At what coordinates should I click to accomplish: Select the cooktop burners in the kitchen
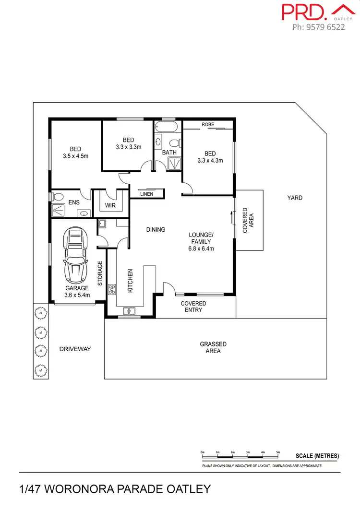[x=112, y=289]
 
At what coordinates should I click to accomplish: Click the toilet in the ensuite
[x=58, y=197]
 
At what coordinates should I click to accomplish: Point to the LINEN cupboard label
[x=147, y=194]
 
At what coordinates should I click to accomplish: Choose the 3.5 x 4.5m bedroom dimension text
[x=75, y=156]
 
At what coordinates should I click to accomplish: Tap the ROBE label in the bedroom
[x=207, y=124]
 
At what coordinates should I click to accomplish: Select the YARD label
[x=295, y=198]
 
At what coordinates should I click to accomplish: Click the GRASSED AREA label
[x=213, y=348]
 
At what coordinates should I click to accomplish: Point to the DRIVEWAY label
[x=75, y=349]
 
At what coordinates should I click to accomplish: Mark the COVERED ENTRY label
[x=193, y=307]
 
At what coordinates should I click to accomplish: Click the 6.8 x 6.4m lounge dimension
[x=201, y=249]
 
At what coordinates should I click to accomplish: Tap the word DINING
[x=156, y=230]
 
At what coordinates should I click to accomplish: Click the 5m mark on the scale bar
[x=278, y=452]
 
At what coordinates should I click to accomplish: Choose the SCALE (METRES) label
[x=317, y=456]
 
